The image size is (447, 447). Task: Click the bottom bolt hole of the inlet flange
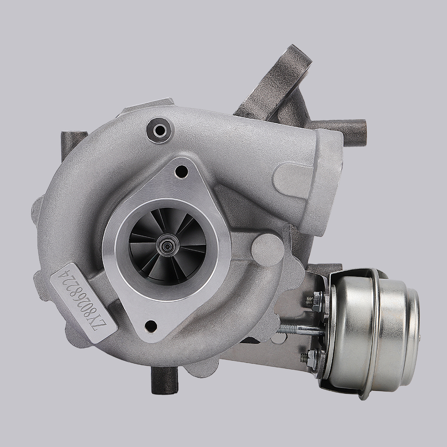(x=151, y=326)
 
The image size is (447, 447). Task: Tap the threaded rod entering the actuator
(x=299, y=330)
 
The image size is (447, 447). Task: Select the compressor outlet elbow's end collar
(x=329, y=179)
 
